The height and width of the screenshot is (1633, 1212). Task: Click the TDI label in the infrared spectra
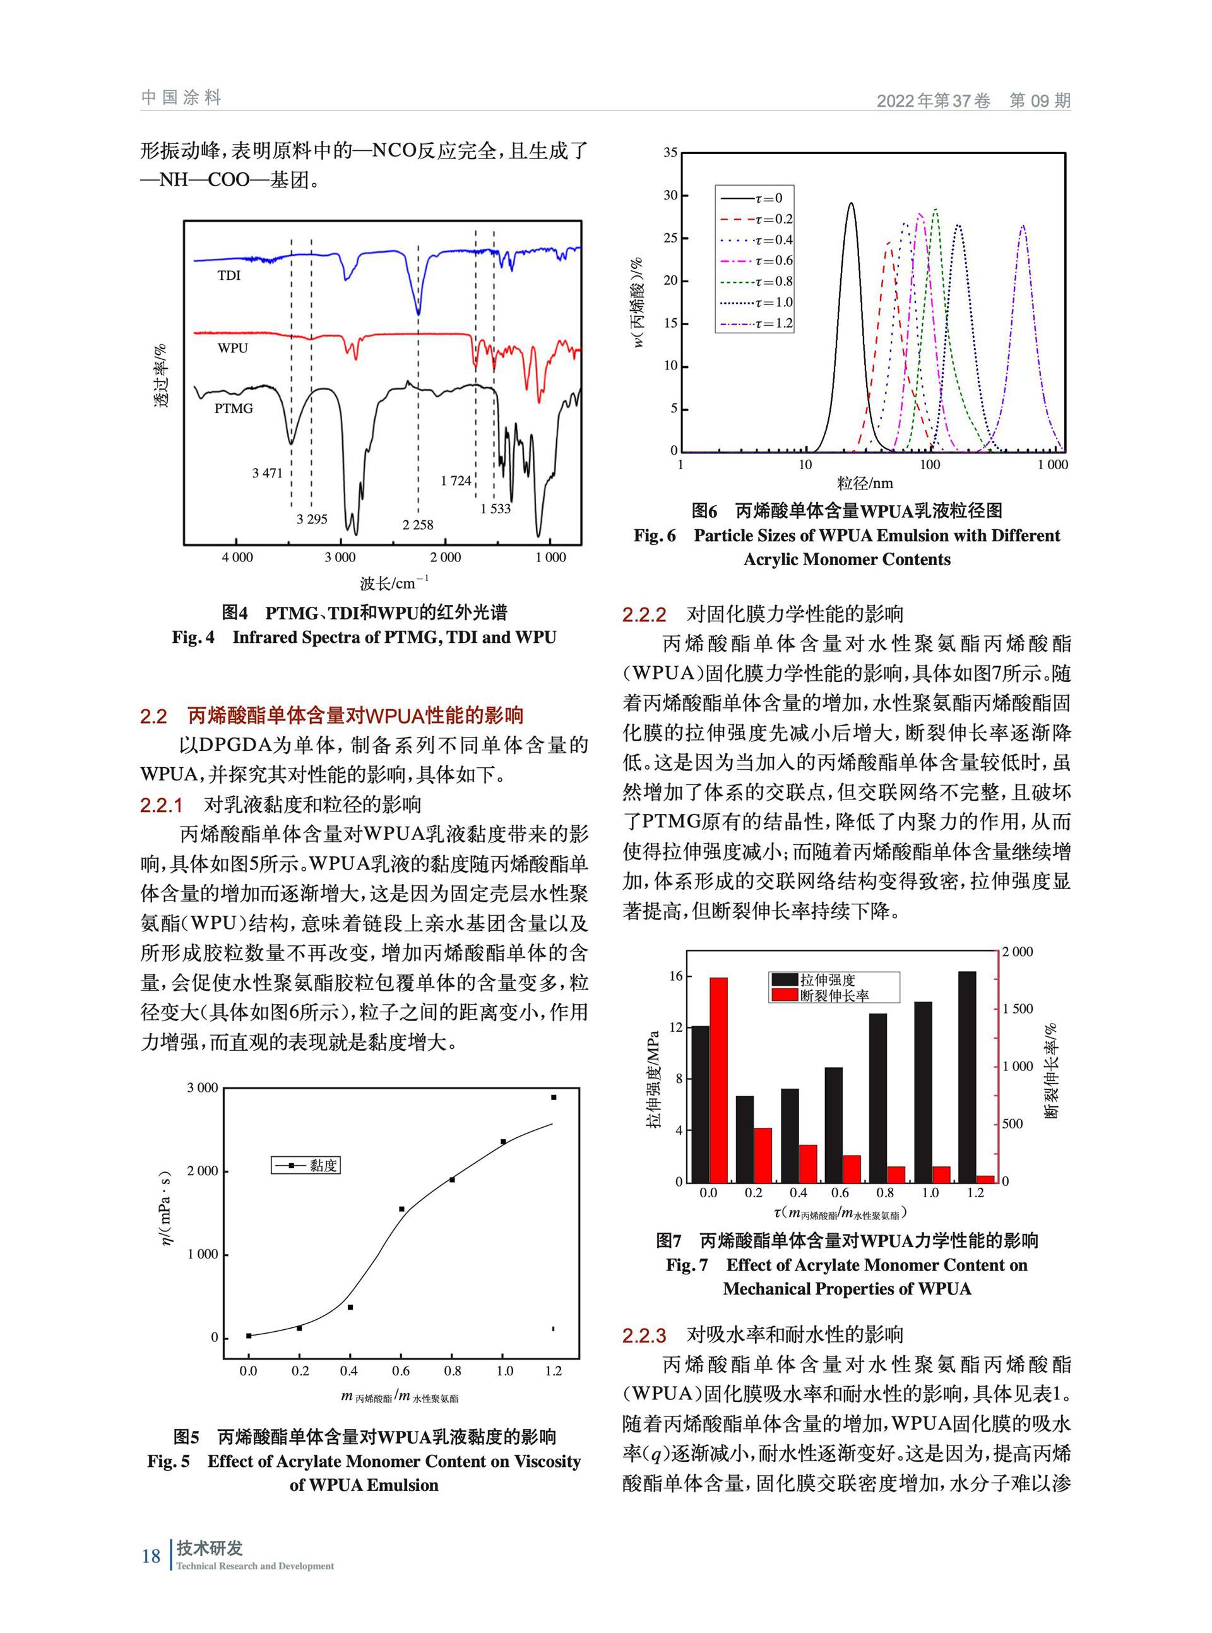(x=229, y=276)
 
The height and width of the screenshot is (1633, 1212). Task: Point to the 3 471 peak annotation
(x=267, y=474)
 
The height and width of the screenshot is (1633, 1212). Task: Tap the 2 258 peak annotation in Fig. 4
(x=417, y=525)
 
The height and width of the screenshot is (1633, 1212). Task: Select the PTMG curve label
(x=234, y=409)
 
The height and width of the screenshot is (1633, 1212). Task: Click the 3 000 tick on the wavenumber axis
(x=340, y=558)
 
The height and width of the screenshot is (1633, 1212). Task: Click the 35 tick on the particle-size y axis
(x=670, y=153)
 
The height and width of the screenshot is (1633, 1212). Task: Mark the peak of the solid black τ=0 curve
(x=851, y=203)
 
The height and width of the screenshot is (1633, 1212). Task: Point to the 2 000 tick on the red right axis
(x=1017, y=952)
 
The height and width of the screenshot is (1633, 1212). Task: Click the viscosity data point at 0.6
(x=401, y=1209)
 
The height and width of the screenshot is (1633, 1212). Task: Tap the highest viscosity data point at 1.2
(x=554, y=1098)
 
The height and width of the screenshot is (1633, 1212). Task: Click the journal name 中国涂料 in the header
(x=181, y=98)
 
